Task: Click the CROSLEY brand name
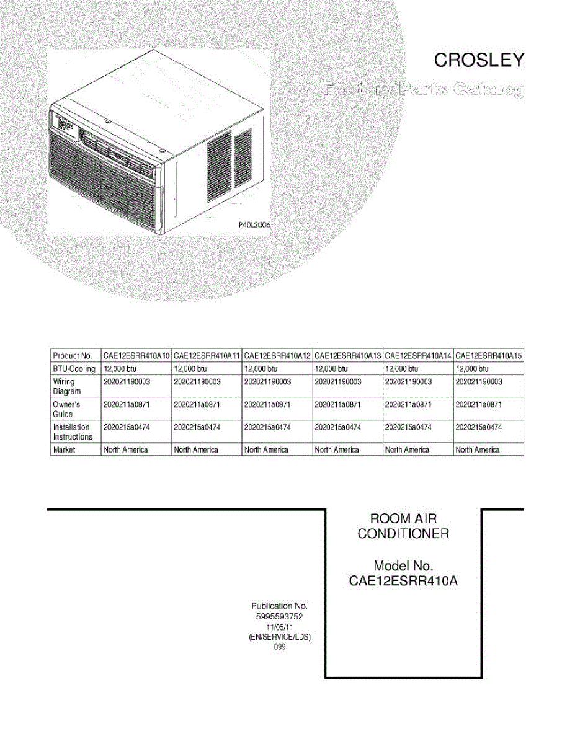pyautogui.click(x=479, y=60)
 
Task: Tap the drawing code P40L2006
pyautogui.click(x=255, y=226)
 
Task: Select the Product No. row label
pyautogui.click(x=73, y=356)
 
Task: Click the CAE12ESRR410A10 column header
pyautogui.click(x=136, y=356)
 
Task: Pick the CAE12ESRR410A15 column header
pyautogui.click(x=489, y=356)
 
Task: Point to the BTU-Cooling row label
pyautogui.click(x=74, y=369)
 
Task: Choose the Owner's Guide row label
pyautogui.click(x=66, y=409)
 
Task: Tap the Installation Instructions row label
pyautogui.click(x=73, y=432)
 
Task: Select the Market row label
pyautogui.click(x=65, y=450)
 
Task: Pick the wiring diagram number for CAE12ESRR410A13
pyautogui.click(x=338, y=382)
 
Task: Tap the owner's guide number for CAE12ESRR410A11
pyautogui.click(x=197, y=404)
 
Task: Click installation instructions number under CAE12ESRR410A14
pyautogui.click(x=408, y=427)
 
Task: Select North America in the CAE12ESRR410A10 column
pyautogui.click(x=126, y=450)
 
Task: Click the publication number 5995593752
pyautogui.click(x=279, y=617)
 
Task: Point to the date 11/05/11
pyautogui.click(x=279, y=627)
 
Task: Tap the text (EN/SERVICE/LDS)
pyautogui.click(x=279, y=637)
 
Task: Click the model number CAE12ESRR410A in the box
pyautogui.click(x=403, y=582)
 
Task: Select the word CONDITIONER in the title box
pyautogui.click(x=403, y=534)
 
